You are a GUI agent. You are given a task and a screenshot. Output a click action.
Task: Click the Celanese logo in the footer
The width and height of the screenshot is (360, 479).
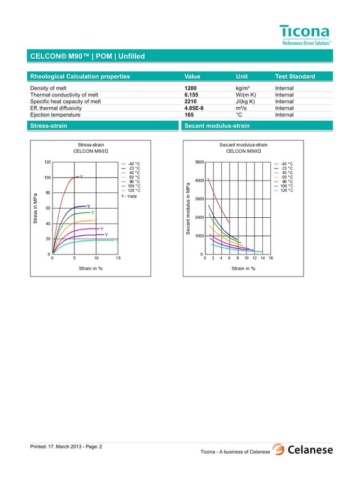point(302,450)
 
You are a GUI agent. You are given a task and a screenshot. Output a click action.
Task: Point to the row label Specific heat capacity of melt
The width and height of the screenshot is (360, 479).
point(65,102)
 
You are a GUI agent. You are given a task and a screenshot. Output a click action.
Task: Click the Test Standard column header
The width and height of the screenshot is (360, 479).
point(295,77)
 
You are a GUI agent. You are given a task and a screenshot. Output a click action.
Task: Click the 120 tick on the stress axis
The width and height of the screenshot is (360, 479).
point(47,162)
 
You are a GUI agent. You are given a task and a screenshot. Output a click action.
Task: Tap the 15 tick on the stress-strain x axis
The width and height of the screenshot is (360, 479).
point(118,259)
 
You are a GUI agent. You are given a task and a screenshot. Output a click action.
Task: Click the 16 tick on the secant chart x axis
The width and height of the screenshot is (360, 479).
point(271,259)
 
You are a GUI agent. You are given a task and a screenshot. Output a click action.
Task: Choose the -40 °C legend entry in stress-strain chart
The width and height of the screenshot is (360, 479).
point(134,164)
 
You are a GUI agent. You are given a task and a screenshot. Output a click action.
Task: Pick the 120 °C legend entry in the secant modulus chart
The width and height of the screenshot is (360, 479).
point(287,191)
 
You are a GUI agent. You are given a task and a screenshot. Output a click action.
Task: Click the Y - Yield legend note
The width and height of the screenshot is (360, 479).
point(129,196)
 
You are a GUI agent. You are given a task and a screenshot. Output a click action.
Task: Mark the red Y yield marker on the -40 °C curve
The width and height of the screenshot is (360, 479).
point(81,177)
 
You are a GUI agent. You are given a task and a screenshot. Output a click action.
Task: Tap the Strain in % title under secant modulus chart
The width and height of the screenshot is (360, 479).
point(243,269)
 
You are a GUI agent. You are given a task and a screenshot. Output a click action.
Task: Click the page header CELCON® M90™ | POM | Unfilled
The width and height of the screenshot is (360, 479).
point(87,56)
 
